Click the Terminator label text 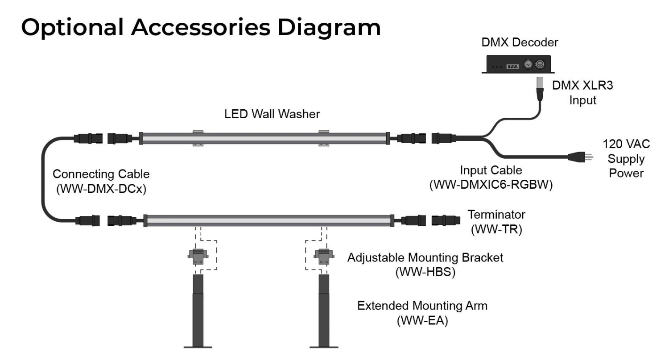click(496, 215)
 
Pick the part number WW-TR click(496, 230)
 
